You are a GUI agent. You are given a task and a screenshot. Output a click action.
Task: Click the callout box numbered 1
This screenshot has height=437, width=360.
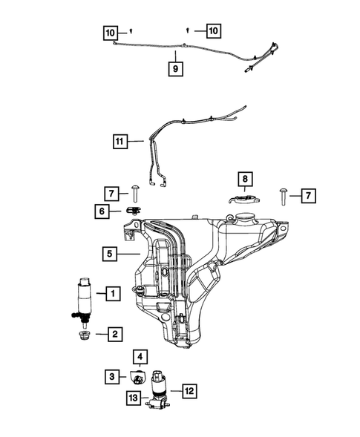(x=112, y=294)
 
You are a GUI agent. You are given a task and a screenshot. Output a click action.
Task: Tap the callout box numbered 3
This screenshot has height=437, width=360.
(x=111, y=377)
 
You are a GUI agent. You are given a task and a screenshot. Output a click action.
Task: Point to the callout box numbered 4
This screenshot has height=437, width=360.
(x=140, y=356)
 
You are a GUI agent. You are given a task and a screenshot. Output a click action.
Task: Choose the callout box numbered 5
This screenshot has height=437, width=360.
(x=109, y=254)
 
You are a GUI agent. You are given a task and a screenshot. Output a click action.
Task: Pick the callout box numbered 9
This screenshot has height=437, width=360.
(x=177, y=68)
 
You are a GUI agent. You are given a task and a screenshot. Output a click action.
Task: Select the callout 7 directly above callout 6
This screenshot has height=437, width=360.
(x=111, y=194)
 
